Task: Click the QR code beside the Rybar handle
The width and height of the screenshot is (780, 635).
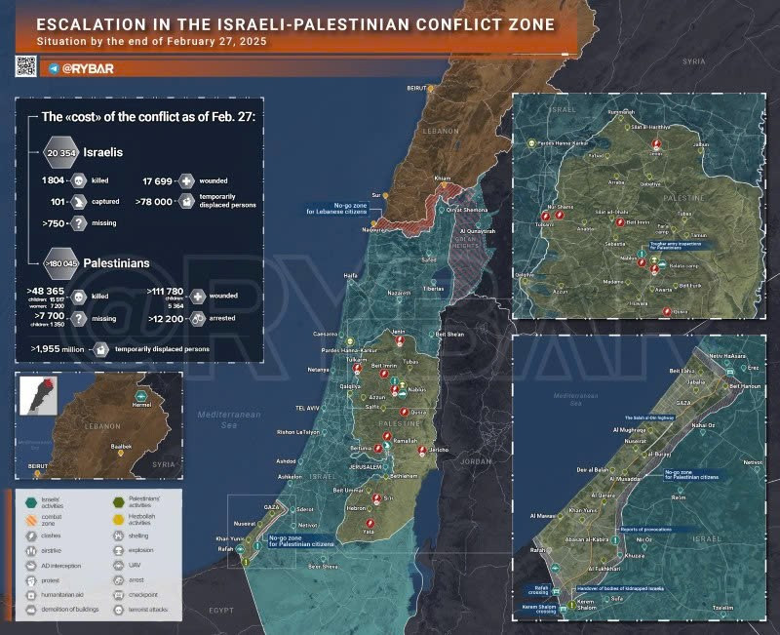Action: coord(25,65)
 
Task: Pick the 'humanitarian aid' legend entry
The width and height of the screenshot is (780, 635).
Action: coord(61,594)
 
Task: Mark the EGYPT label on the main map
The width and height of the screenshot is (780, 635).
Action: coord(223,610)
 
